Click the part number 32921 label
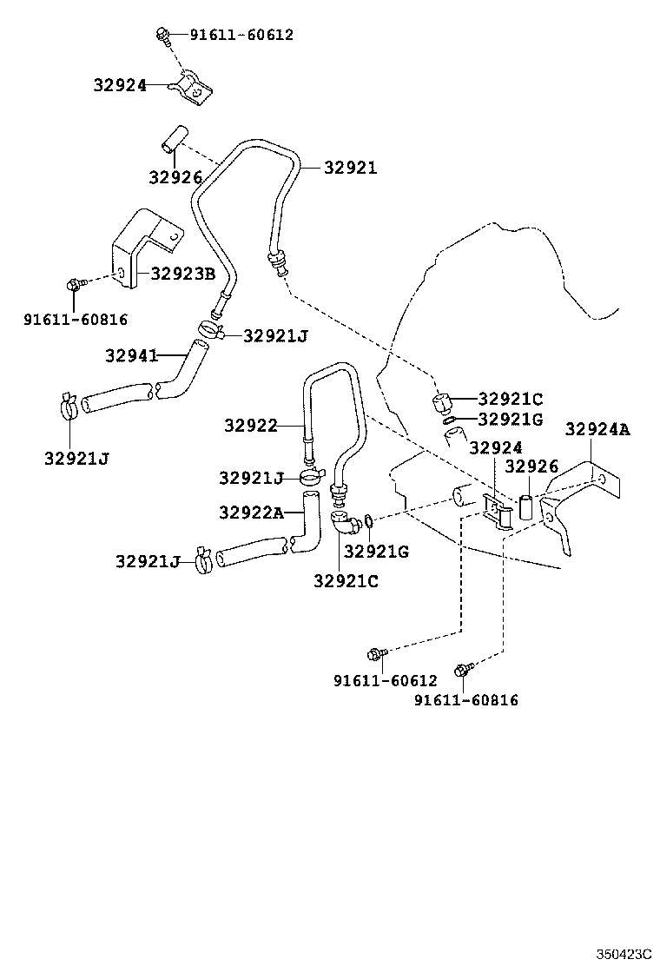point(350,168)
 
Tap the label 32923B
point(183,274)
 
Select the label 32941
point(132,355)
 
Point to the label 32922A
point(252,513)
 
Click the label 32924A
point(597,429)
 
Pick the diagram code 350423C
point(623,954)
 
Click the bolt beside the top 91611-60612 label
point(164,35)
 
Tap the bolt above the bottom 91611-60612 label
point(377,653)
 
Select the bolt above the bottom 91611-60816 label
point(464,670)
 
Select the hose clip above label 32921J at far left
point(69,406)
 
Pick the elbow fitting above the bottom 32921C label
point(345,522)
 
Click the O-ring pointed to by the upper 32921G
point(450,420)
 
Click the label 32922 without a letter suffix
point(251,425)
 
